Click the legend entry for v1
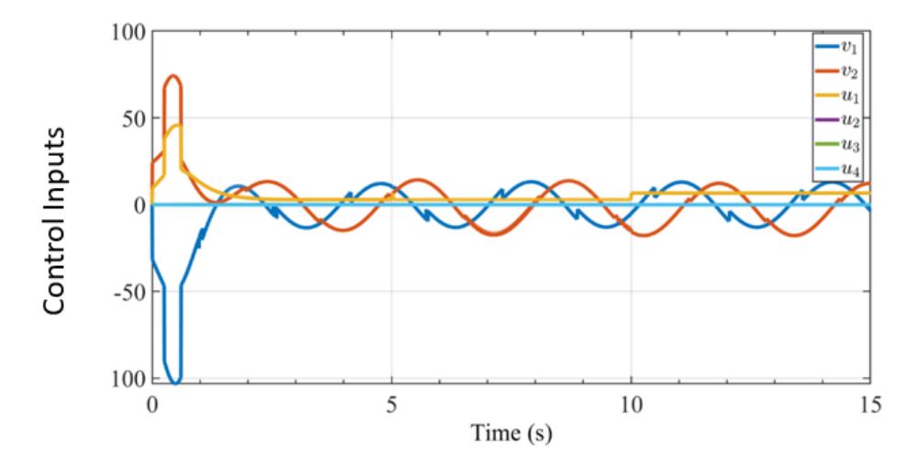point(837,48)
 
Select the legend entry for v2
point(837,72)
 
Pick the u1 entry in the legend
point(837,96)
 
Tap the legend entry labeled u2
point(837,120)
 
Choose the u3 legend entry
point(837,145)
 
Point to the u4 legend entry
point(837,169)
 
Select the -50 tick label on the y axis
point(130,292)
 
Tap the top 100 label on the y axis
point(129,31)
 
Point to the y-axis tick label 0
point(140,205)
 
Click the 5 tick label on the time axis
point(391,405)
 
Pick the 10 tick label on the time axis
point(631,405)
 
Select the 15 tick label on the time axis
point(870,405)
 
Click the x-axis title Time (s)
point(511,434)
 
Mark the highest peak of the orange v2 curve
point(173,75)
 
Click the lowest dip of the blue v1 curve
point(175,383)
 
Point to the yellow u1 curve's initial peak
point(179,125)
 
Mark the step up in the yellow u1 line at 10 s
point(631,196)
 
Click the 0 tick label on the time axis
point(152,405)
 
